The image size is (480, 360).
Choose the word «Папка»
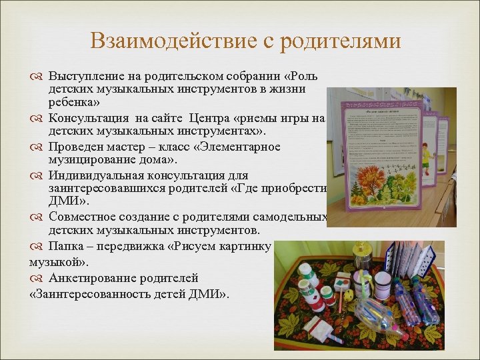coord(64,246)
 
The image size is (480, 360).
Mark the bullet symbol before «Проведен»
coord(36,147)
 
